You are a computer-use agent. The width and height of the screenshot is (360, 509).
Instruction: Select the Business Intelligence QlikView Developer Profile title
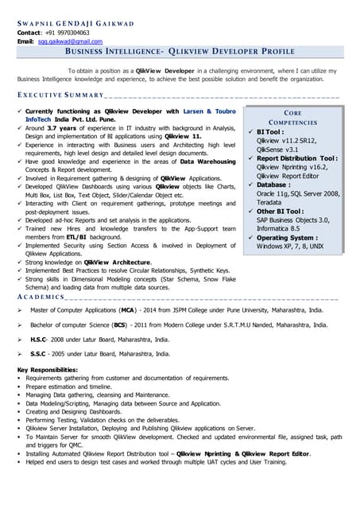tap(179, 52)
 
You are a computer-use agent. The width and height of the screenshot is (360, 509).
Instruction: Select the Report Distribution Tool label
tap(298, 158)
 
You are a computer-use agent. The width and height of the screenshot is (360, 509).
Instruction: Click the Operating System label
tap(288, 238)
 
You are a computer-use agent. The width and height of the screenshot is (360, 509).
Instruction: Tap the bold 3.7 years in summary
tap(66, 127)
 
